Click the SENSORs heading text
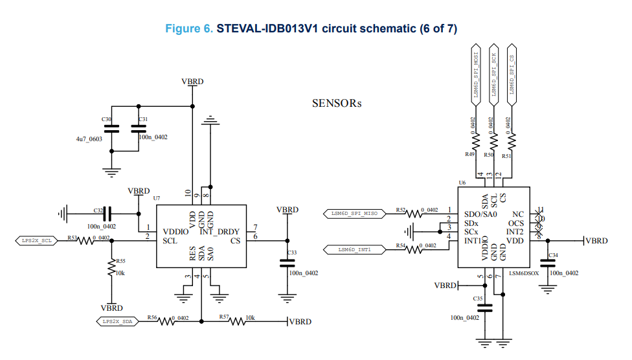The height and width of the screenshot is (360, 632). [x=336, y=103]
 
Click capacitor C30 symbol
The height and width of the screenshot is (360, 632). [x=111, y=129]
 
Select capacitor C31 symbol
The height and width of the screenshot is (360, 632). [x=139, y=129]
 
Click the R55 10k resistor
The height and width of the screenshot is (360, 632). [x=111, y=267]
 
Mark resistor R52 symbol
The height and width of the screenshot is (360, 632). [x=412, y=213]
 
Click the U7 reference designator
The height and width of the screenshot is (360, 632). [x=157, y=196]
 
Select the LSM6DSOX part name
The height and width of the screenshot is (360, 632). [x=523, y=273]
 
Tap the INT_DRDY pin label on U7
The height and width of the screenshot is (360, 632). [x=220, y=231]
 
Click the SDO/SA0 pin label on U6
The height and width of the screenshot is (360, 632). [x=480, y=214]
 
